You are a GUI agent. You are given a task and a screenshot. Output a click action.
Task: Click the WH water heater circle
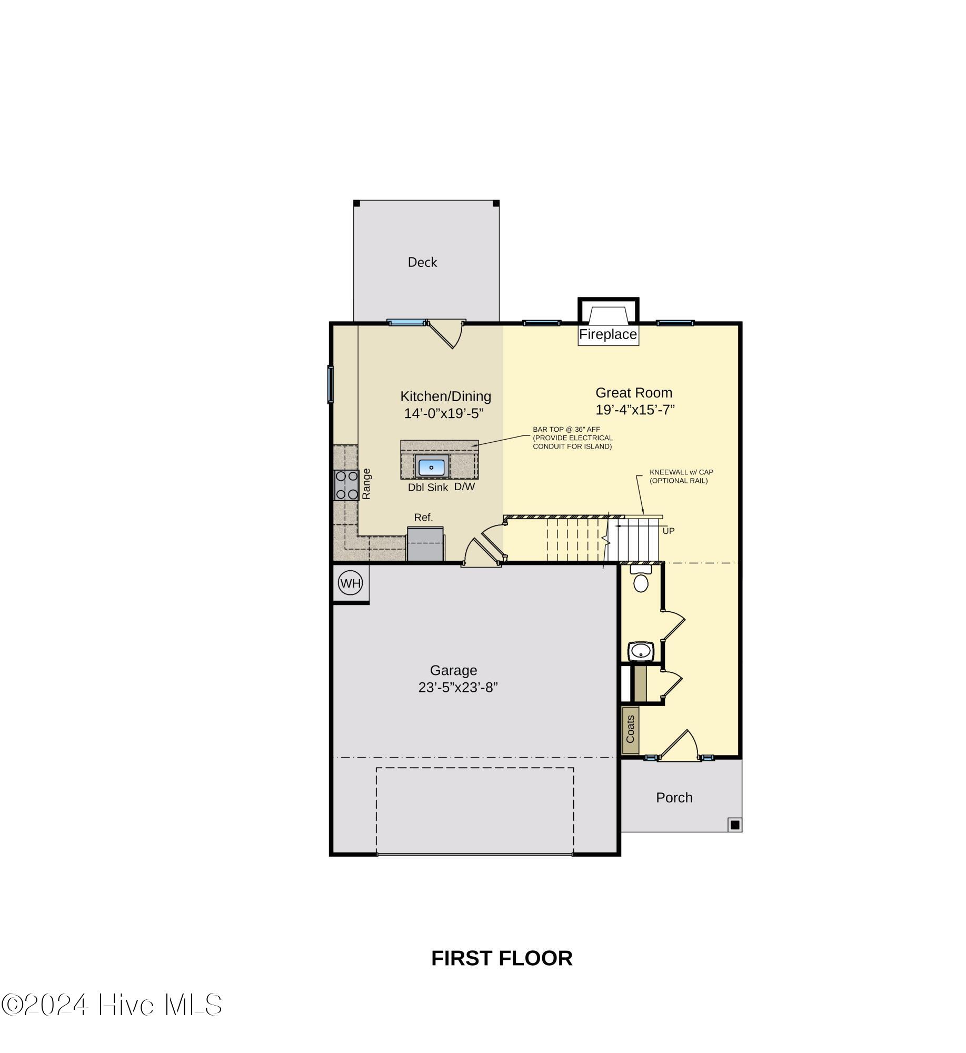click(350, 583)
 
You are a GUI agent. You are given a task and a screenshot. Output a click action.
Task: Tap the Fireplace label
click(608, 334)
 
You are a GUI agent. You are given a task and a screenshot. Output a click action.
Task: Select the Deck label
click(422, 262)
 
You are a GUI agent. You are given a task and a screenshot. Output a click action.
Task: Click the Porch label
click(674, 798)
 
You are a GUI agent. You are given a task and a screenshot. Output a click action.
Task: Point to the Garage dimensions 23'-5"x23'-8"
click(457, 688)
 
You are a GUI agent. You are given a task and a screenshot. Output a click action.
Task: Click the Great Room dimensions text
click(635, 410)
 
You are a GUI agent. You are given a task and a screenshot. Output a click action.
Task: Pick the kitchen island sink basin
click(431, 467)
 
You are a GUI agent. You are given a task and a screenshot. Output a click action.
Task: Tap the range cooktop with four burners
click(346, 485)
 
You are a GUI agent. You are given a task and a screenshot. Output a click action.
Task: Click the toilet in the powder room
click(640, 582)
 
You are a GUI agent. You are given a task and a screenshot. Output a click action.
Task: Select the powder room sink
click(640, 651)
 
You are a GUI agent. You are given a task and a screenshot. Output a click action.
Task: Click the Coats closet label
click(630, 729)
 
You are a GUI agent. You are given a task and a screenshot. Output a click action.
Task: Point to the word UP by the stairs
click(668, 531)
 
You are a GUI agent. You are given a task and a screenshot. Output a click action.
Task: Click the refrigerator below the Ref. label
click(425, 544)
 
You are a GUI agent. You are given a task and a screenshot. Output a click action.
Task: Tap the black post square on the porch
click(734, 824)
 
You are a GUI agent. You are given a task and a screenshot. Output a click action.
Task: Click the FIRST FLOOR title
click(501, 958)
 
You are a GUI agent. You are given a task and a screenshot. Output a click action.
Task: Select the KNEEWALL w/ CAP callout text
click(681, 472)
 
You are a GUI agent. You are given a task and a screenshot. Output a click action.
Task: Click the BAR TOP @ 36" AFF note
click(566, 430)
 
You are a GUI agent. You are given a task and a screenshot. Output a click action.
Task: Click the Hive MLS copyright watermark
click(112, 1005)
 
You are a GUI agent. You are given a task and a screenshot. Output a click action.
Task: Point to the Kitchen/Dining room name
click(445, 396)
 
